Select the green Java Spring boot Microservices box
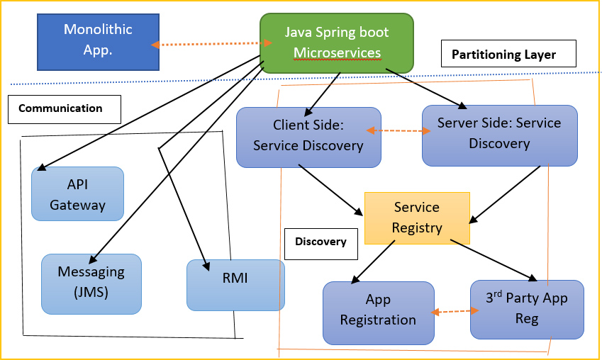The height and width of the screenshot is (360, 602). (x=336, y=43)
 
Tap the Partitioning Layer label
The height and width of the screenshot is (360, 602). (x=503, y=55)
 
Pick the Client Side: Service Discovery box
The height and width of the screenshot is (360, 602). (x=308, y=137)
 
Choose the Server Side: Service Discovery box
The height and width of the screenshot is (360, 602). (x=498, y=135)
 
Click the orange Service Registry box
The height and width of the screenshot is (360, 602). (x=417, y=218)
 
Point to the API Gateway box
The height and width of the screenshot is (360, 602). (x=78, y=194)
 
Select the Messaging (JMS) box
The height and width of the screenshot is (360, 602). (x=91, y=283)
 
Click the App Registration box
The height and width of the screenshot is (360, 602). (x=378, y=311)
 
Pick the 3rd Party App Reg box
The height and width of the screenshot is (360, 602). (x=527, y=309)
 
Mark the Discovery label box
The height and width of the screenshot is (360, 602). (x=320, y=242)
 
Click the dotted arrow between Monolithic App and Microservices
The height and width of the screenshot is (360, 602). (x=212, y=44)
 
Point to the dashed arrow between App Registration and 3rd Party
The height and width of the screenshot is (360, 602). (x=453, y=311)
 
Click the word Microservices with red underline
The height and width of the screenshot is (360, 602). (x=337, y=53)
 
